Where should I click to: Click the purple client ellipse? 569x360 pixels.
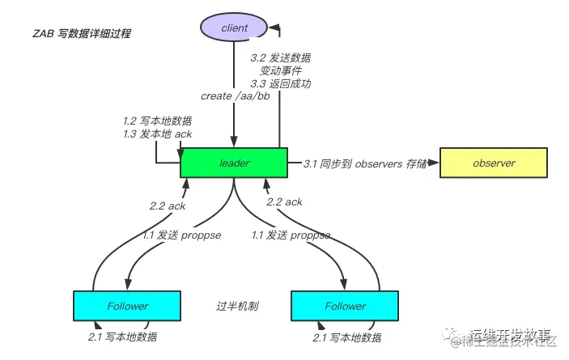point(234,28)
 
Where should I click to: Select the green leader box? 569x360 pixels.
point(234,163)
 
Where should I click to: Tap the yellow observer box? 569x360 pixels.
point(494,163)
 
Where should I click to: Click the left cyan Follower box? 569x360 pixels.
point(127,306)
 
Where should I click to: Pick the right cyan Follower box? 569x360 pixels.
point(345,306)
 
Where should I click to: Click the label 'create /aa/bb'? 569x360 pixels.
point(233,95)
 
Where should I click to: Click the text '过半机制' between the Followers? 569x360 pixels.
point(236,306)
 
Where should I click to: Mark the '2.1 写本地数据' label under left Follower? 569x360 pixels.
point(122,337)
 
